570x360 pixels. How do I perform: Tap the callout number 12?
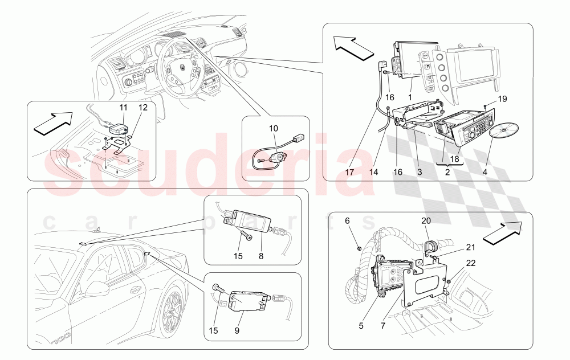(142, 107)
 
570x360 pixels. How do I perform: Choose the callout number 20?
(426, 220)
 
